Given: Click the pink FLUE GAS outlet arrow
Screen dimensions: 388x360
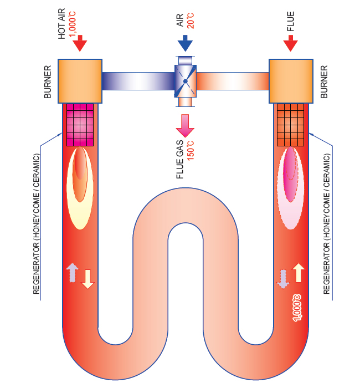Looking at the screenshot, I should coord(184,125).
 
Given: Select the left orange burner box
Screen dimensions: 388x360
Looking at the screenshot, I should coord(80,80).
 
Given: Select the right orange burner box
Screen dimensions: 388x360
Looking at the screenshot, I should coord(290,80).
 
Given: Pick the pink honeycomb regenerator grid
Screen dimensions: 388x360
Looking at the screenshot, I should coord(80,123).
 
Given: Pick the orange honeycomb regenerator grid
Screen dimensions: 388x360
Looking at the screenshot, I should coord(290,123).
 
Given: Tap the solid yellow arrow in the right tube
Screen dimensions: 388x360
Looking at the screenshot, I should coord(298,274).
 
